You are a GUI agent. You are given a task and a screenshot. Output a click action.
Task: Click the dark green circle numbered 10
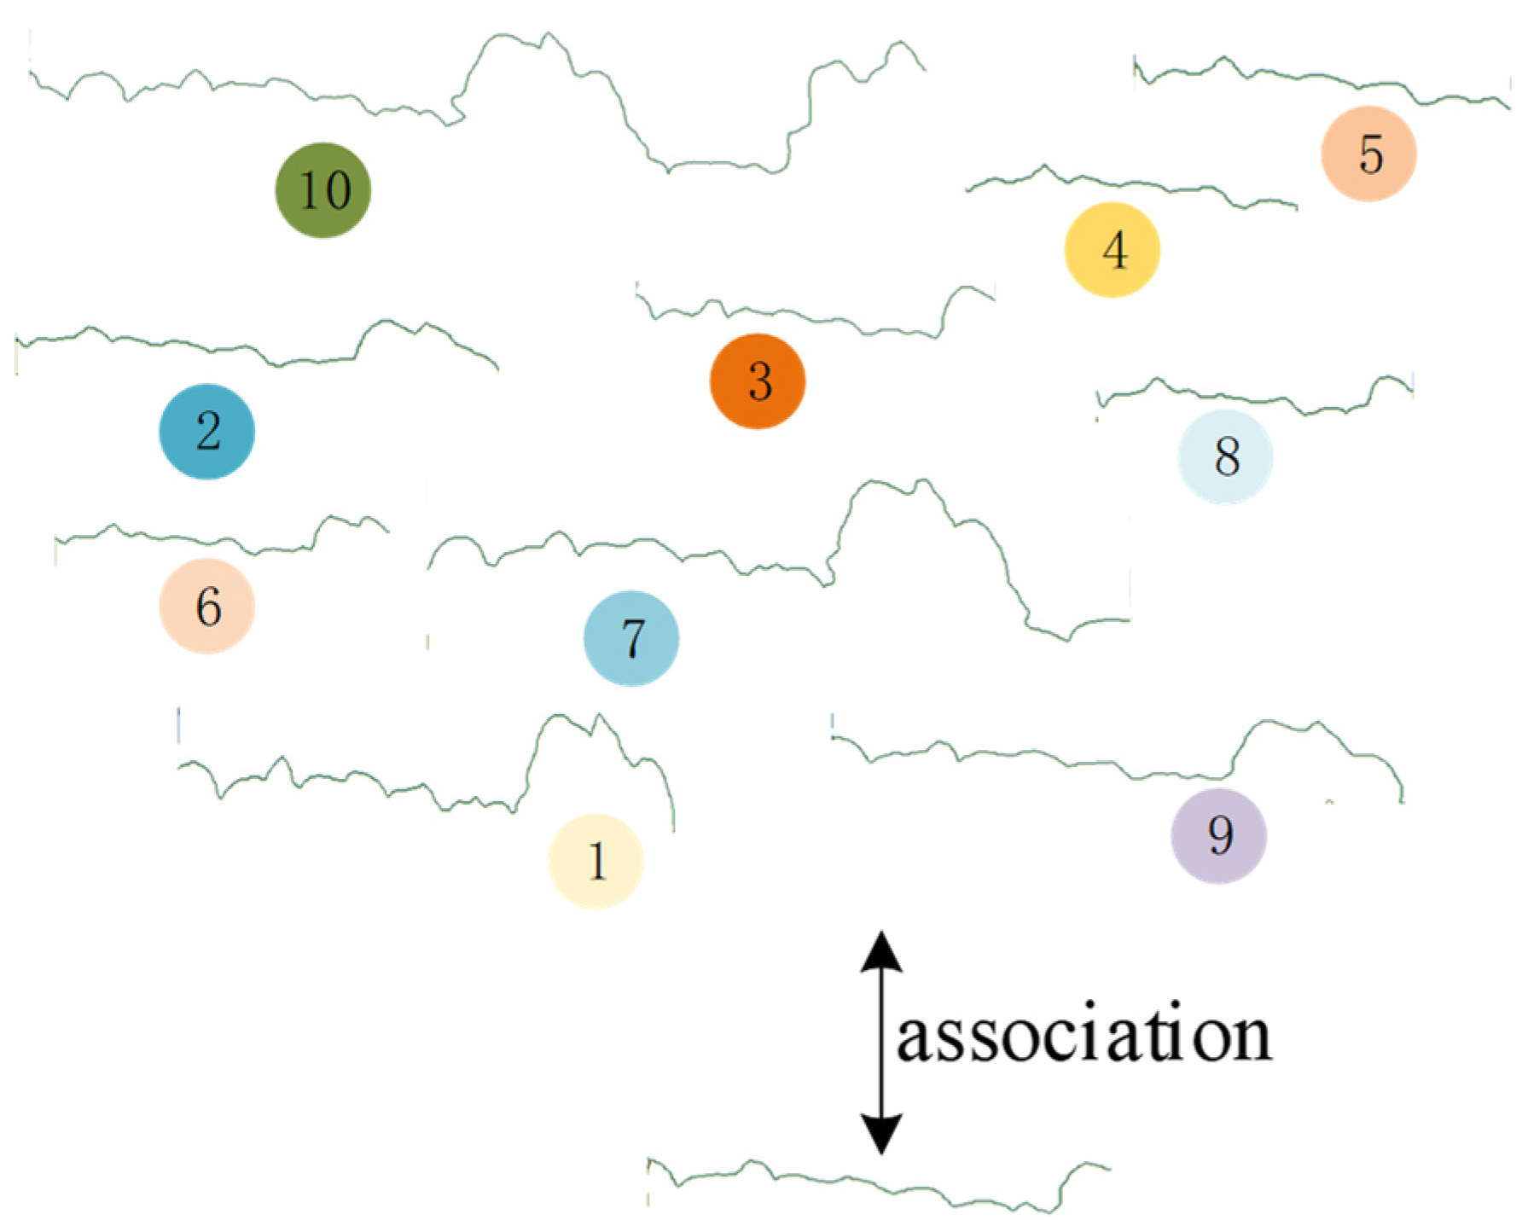322,189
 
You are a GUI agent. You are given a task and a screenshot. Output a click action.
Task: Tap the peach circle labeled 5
1368,154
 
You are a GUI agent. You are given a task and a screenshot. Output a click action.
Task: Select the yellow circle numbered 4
1112,250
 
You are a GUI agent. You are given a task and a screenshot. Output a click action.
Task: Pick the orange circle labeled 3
758,381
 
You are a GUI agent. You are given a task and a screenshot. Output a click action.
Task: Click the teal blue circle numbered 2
207,431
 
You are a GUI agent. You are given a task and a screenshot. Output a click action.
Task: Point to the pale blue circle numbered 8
1225,456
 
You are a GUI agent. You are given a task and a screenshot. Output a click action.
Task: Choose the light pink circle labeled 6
207,606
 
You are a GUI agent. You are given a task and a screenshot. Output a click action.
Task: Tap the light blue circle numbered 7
631,638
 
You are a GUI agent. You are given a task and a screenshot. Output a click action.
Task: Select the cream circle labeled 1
596,860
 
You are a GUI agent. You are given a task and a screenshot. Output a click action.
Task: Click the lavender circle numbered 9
1218,835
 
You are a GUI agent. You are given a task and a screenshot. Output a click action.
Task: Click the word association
1084,1037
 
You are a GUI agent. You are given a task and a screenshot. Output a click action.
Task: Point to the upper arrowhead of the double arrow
881,951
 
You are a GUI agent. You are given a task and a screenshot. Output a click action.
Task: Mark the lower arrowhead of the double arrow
881,1135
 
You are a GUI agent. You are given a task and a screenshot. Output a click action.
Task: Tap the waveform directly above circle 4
1126,183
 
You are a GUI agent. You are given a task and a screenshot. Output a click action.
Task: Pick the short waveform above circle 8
1254,398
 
